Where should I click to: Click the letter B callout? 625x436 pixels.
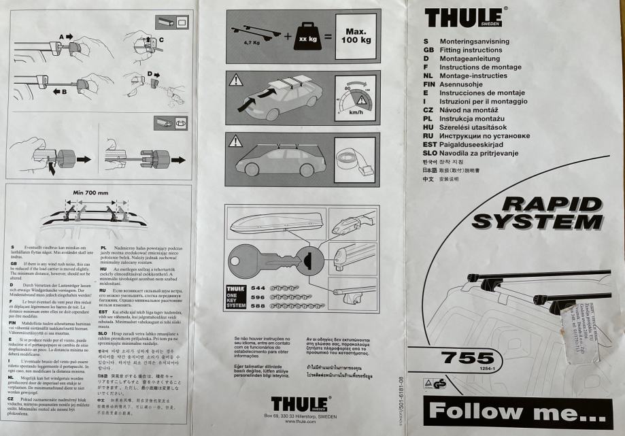pos(66,90)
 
